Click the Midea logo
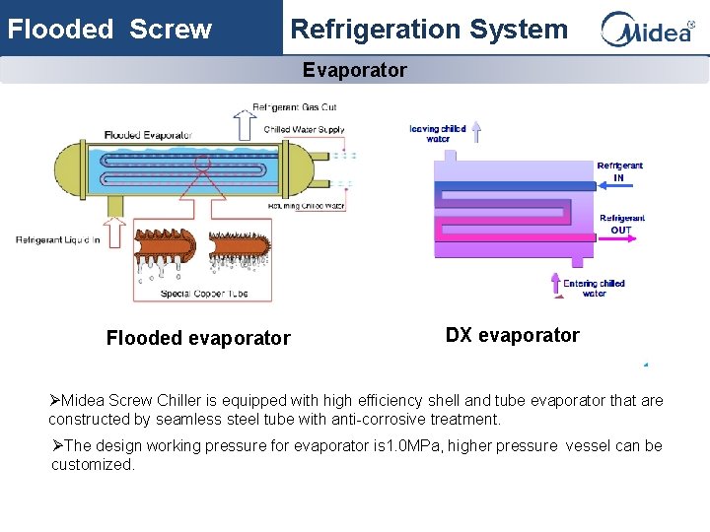[x=647, y=30]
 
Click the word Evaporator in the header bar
[x=355, y=70]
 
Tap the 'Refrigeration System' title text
[x=429, y=30]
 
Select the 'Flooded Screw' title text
[x=109, y=30]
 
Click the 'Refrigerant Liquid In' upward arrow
[x=116, y=233]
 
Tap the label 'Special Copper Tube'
[x=204, y=293]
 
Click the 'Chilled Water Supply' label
[x=304, y=130]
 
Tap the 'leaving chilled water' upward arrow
[x=476, y=131]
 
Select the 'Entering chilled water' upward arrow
[x=556, y=285]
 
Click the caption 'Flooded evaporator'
[x=198, y=338]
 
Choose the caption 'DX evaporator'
[x=513, y=335]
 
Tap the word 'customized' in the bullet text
[x=92, y=464]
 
